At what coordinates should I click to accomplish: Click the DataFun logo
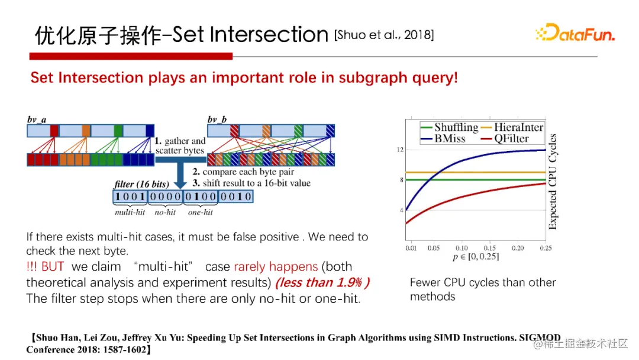click(575, 33)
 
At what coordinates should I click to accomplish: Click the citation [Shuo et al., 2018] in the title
click(384, 35)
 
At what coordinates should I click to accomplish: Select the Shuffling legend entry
click(449, 128)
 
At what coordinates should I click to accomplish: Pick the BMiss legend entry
click(443, 139)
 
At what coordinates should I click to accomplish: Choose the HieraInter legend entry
click(512, 128)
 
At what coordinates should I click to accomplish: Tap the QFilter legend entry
click(505, 139)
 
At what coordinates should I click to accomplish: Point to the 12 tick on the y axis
click(400, 150)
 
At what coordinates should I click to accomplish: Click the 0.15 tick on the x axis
click(489, 248)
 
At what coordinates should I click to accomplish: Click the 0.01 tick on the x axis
click(411, 248)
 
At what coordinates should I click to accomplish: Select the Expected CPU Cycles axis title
click(553, 182)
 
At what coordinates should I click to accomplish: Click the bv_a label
click(37, 120)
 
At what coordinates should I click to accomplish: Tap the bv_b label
click(217, 120)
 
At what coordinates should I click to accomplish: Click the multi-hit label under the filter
click(130, 212)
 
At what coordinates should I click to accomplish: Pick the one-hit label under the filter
click(201, 212)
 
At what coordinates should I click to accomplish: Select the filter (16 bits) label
click(141, 184)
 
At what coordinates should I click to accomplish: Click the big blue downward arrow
click(179, 172)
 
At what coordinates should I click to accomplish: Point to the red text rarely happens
click(276, 266)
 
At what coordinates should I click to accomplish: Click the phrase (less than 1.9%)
click(322, 282)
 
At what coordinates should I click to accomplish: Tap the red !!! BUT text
click(45, 266)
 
